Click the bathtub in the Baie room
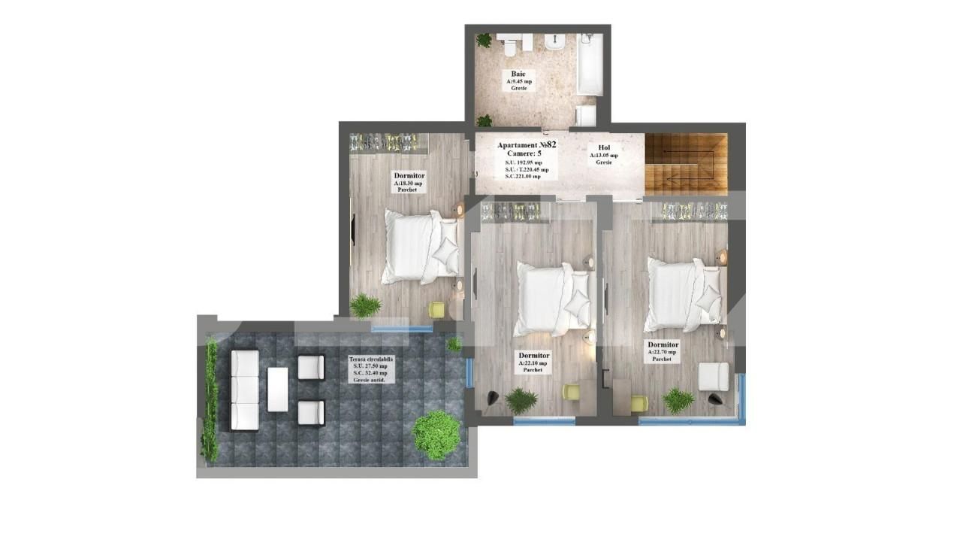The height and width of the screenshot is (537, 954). click(x=590, y=64)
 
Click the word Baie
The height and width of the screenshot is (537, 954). click(x=518, y=74)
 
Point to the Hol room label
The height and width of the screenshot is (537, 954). click(x=604, y=148)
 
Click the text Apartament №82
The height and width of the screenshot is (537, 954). click(x=526, y=144)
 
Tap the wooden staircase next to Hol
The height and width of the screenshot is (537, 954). click(x=685, y=164)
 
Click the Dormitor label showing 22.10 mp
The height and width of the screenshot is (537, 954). click(x=533, y=356)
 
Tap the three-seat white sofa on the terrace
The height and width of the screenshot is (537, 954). click(x=245, y=390)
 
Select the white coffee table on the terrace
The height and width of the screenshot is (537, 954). click(x=277, y=389)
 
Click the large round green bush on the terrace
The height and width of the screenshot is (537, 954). click(x=436, y=434)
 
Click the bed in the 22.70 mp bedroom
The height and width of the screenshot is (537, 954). click(x=683, y=294)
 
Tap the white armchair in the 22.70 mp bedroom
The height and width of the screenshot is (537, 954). click(x=713, y=376)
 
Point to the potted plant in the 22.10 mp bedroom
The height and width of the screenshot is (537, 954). click(x=521, y=400)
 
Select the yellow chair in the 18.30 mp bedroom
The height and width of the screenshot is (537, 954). click(x=437, y=309)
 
